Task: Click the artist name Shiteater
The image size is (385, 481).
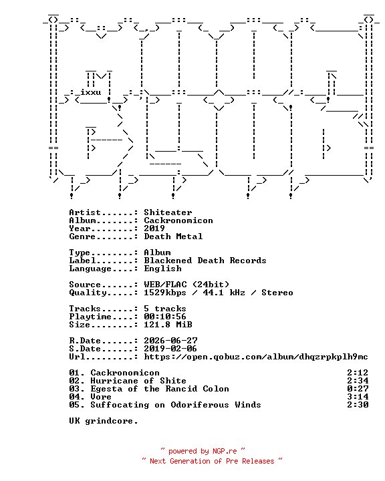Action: click(168, 212)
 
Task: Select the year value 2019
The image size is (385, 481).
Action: click(154, 228)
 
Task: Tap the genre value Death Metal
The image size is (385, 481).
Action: click(173, 236)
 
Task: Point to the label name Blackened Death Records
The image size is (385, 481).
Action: click(205, 261)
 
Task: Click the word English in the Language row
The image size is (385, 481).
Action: click(162, 269)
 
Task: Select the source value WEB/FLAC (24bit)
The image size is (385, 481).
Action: click(186, 285)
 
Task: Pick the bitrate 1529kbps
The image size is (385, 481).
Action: click(165, 293)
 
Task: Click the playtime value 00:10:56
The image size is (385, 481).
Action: click(165, 317)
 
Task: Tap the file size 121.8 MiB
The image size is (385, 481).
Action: click(168, 325)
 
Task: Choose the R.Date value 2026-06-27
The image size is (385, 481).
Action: click(170, 341)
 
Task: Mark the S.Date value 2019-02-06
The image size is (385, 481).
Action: click(170, 349)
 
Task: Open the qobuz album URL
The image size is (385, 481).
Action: click(256, 357)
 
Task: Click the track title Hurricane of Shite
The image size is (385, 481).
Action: click(138, 381)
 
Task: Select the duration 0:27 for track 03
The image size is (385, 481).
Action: click(358, 389)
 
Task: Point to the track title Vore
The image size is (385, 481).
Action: click(101, 397)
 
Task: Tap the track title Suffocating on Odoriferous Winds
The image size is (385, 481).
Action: click(176, 405)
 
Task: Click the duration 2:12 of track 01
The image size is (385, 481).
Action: click(358, 373)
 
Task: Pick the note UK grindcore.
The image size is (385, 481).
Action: click(104, 421)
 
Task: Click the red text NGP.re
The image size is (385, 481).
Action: click(225, 451)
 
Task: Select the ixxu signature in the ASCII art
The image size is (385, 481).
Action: click(91, 92)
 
